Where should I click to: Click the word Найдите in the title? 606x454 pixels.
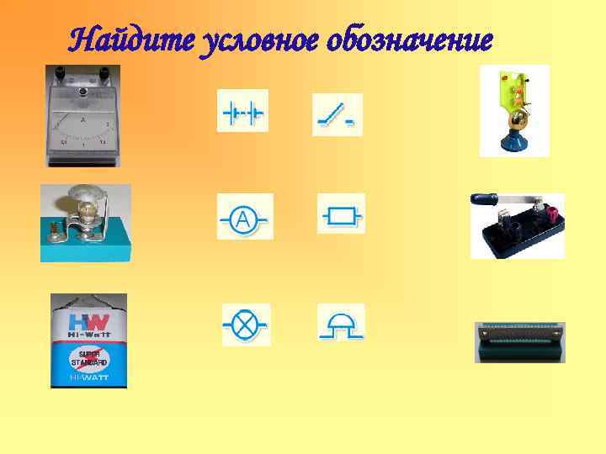(x=130, y=38)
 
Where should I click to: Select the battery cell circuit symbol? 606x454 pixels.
(x=242, y=111)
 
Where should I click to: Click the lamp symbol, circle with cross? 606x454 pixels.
(x=245, y=324)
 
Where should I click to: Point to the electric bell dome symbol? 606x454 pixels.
(x=341, y=321)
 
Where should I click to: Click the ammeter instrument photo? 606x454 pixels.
(x=82, y=115)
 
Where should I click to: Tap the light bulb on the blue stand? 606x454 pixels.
(x=88, y=209)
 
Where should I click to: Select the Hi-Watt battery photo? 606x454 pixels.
(x=88, y=340)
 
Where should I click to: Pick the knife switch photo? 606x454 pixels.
(x=516, y=225)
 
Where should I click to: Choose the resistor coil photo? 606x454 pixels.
(x=519, y=341)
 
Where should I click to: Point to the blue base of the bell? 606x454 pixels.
(x=513, y=145)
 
